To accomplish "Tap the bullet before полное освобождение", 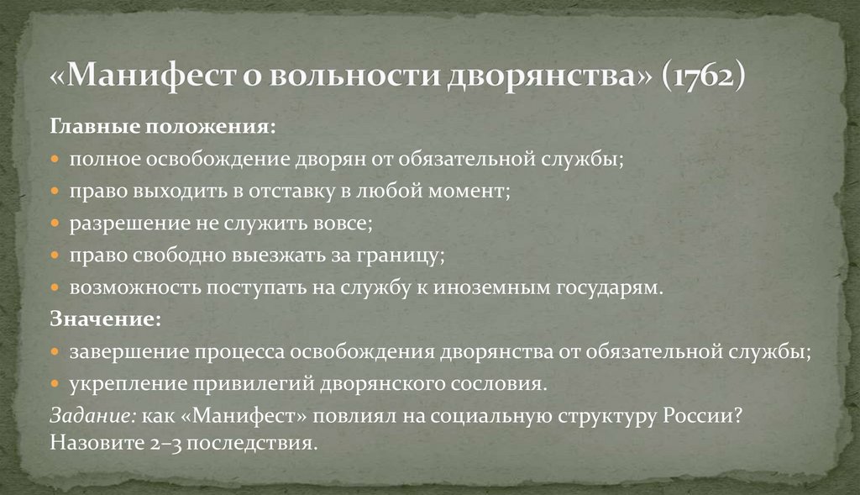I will coord(55,160).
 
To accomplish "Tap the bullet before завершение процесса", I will coord(55,352).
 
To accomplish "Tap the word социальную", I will coord(490,417).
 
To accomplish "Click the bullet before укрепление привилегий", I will coord(55,384).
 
